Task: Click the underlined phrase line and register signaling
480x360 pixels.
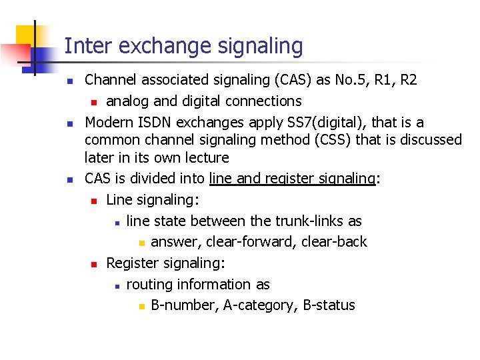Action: click(x=292, y=179)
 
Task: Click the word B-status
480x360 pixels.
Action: click(x=329, y=305)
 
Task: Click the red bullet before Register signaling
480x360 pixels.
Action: click(x=95, y=264)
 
